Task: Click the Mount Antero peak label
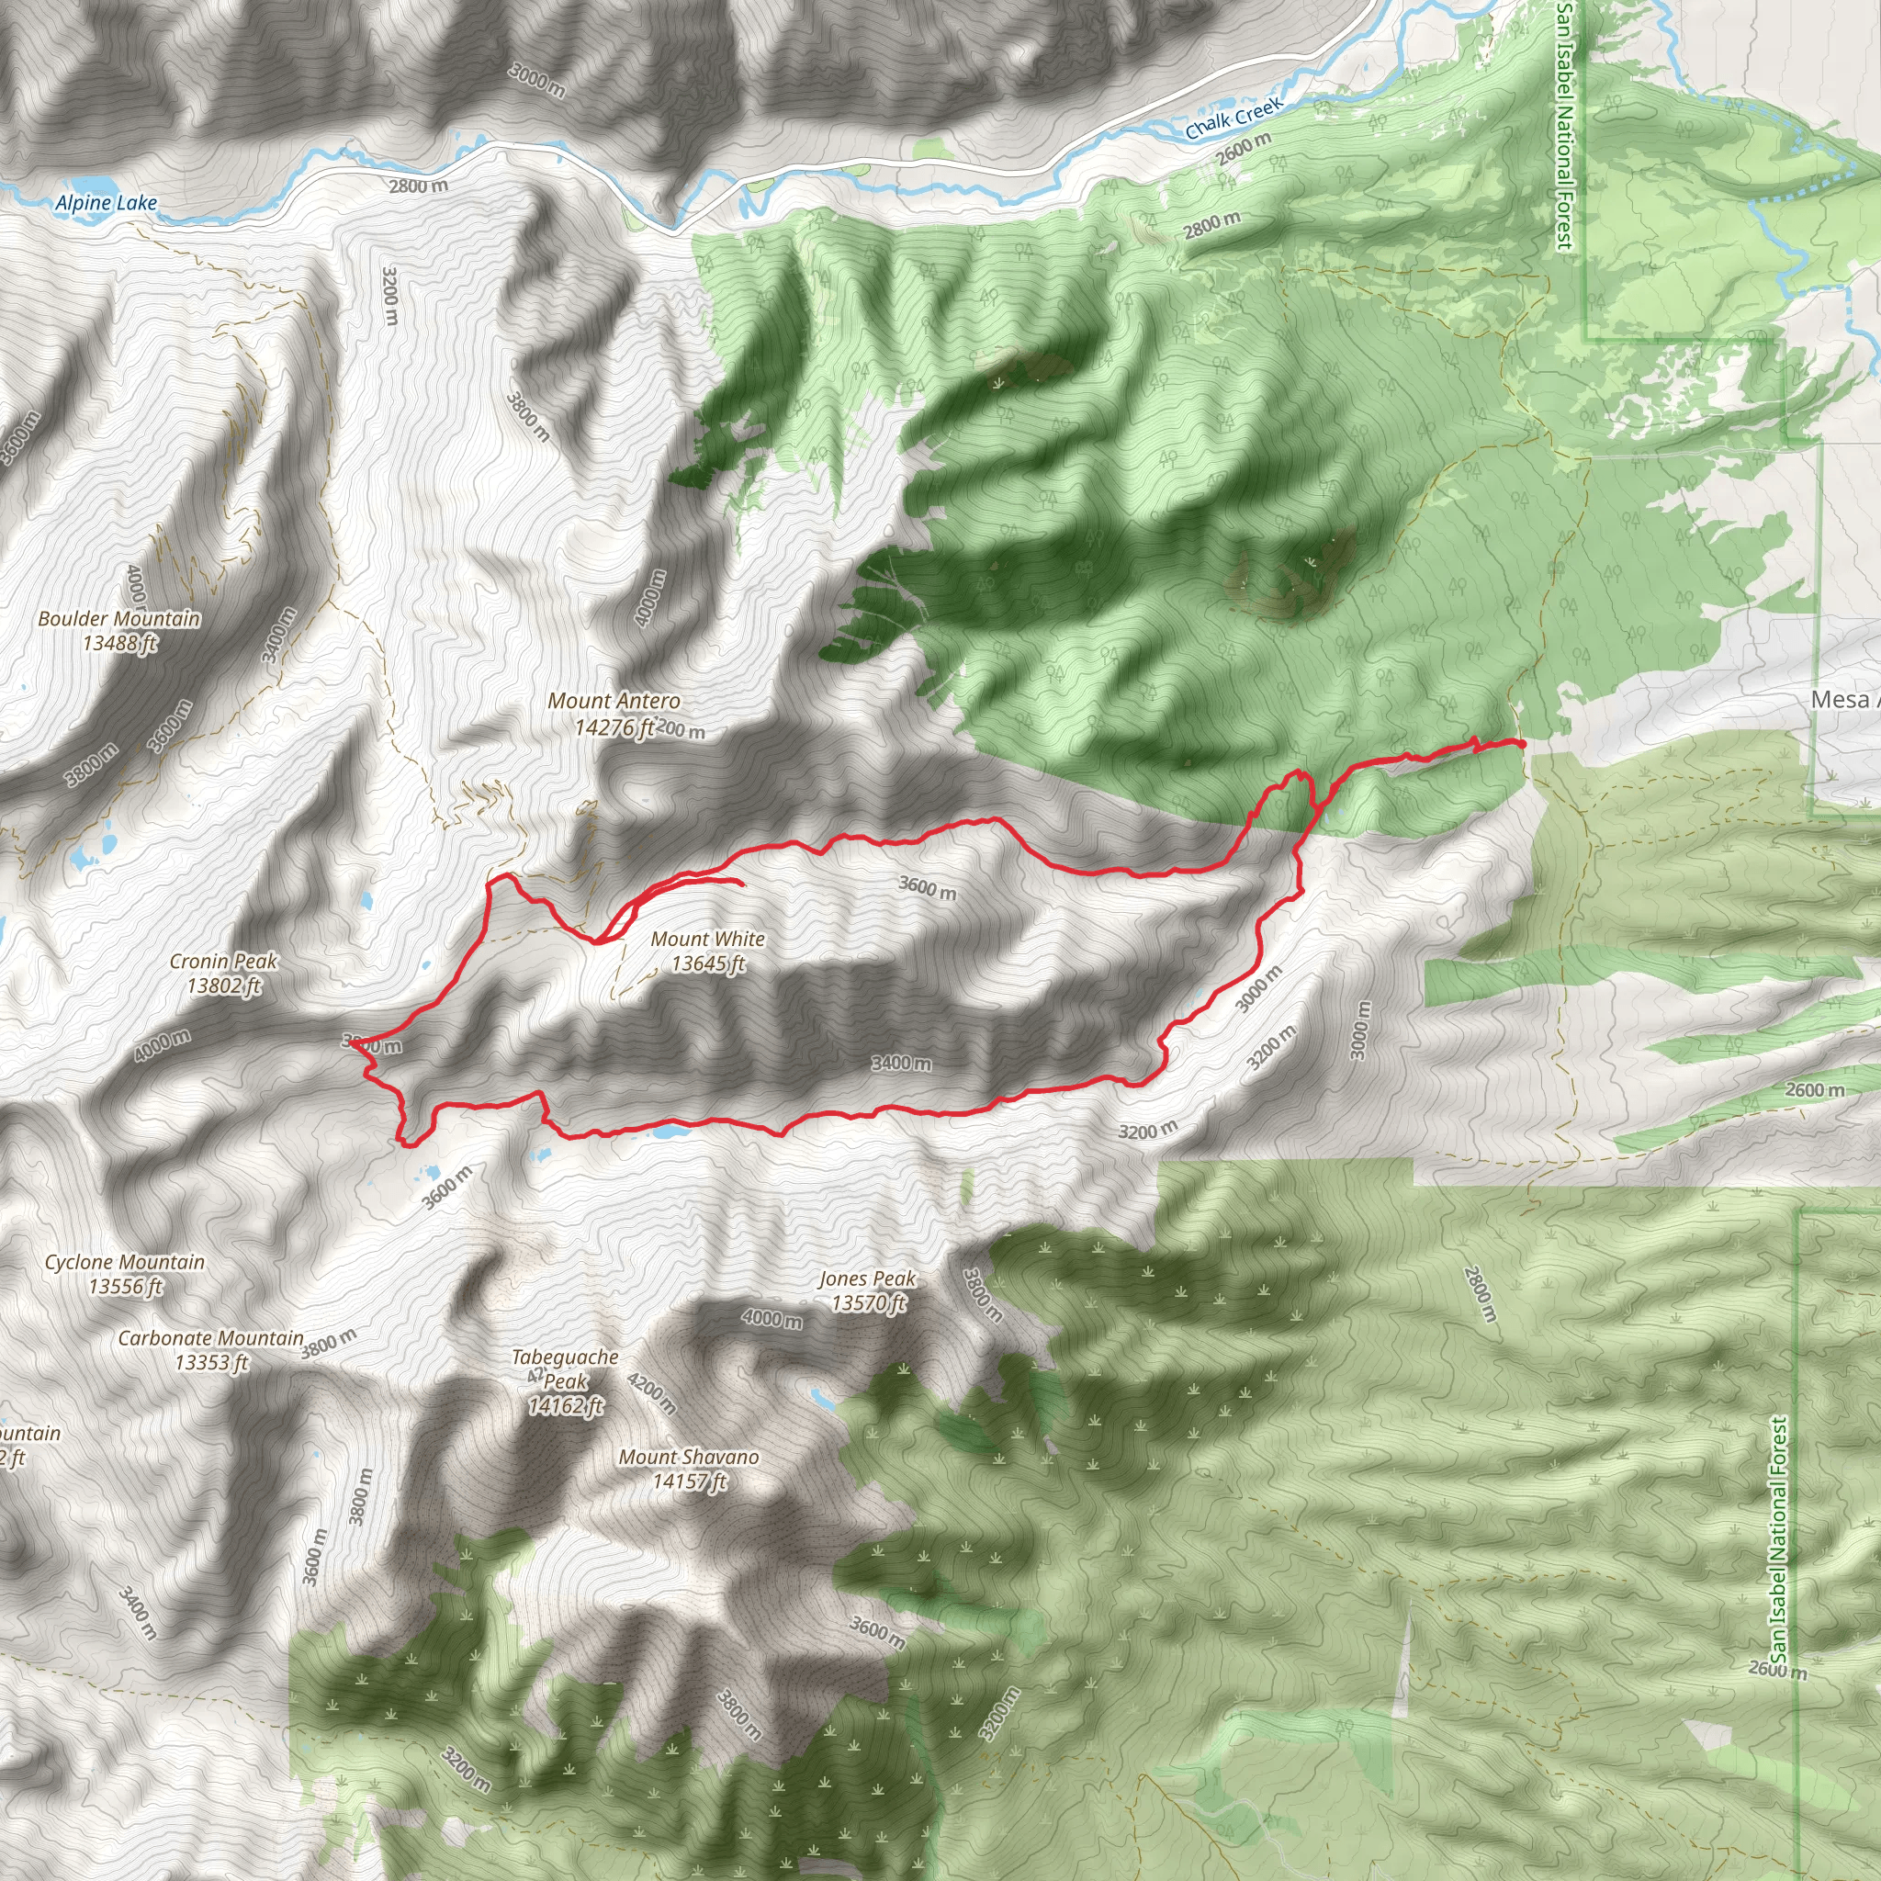[x=614, y=701]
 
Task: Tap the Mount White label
[x=708, y=940]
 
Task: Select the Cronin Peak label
[x=224, y=962]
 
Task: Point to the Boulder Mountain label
[x=118, y=619]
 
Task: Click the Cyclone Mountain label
[x=125, y=1263]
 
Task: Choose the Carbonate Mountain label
[x=211, y=1339]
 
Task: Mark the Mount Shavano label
[x=688, y=1458]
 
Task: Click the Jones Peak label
[x=866, y=1279]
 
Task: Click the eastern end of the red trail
[x=1522, y=743]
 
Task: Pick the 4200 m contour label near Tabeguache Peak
[x=651, y=1393]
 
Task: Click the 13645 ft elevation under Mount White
[x=709, y=963]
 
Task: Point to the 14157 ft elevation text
[x=690, y=1481]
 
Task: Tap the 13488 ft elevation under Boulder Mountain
[x=119, y=643]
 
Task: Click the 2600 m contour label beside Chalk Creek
[x=1244, y=147]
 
